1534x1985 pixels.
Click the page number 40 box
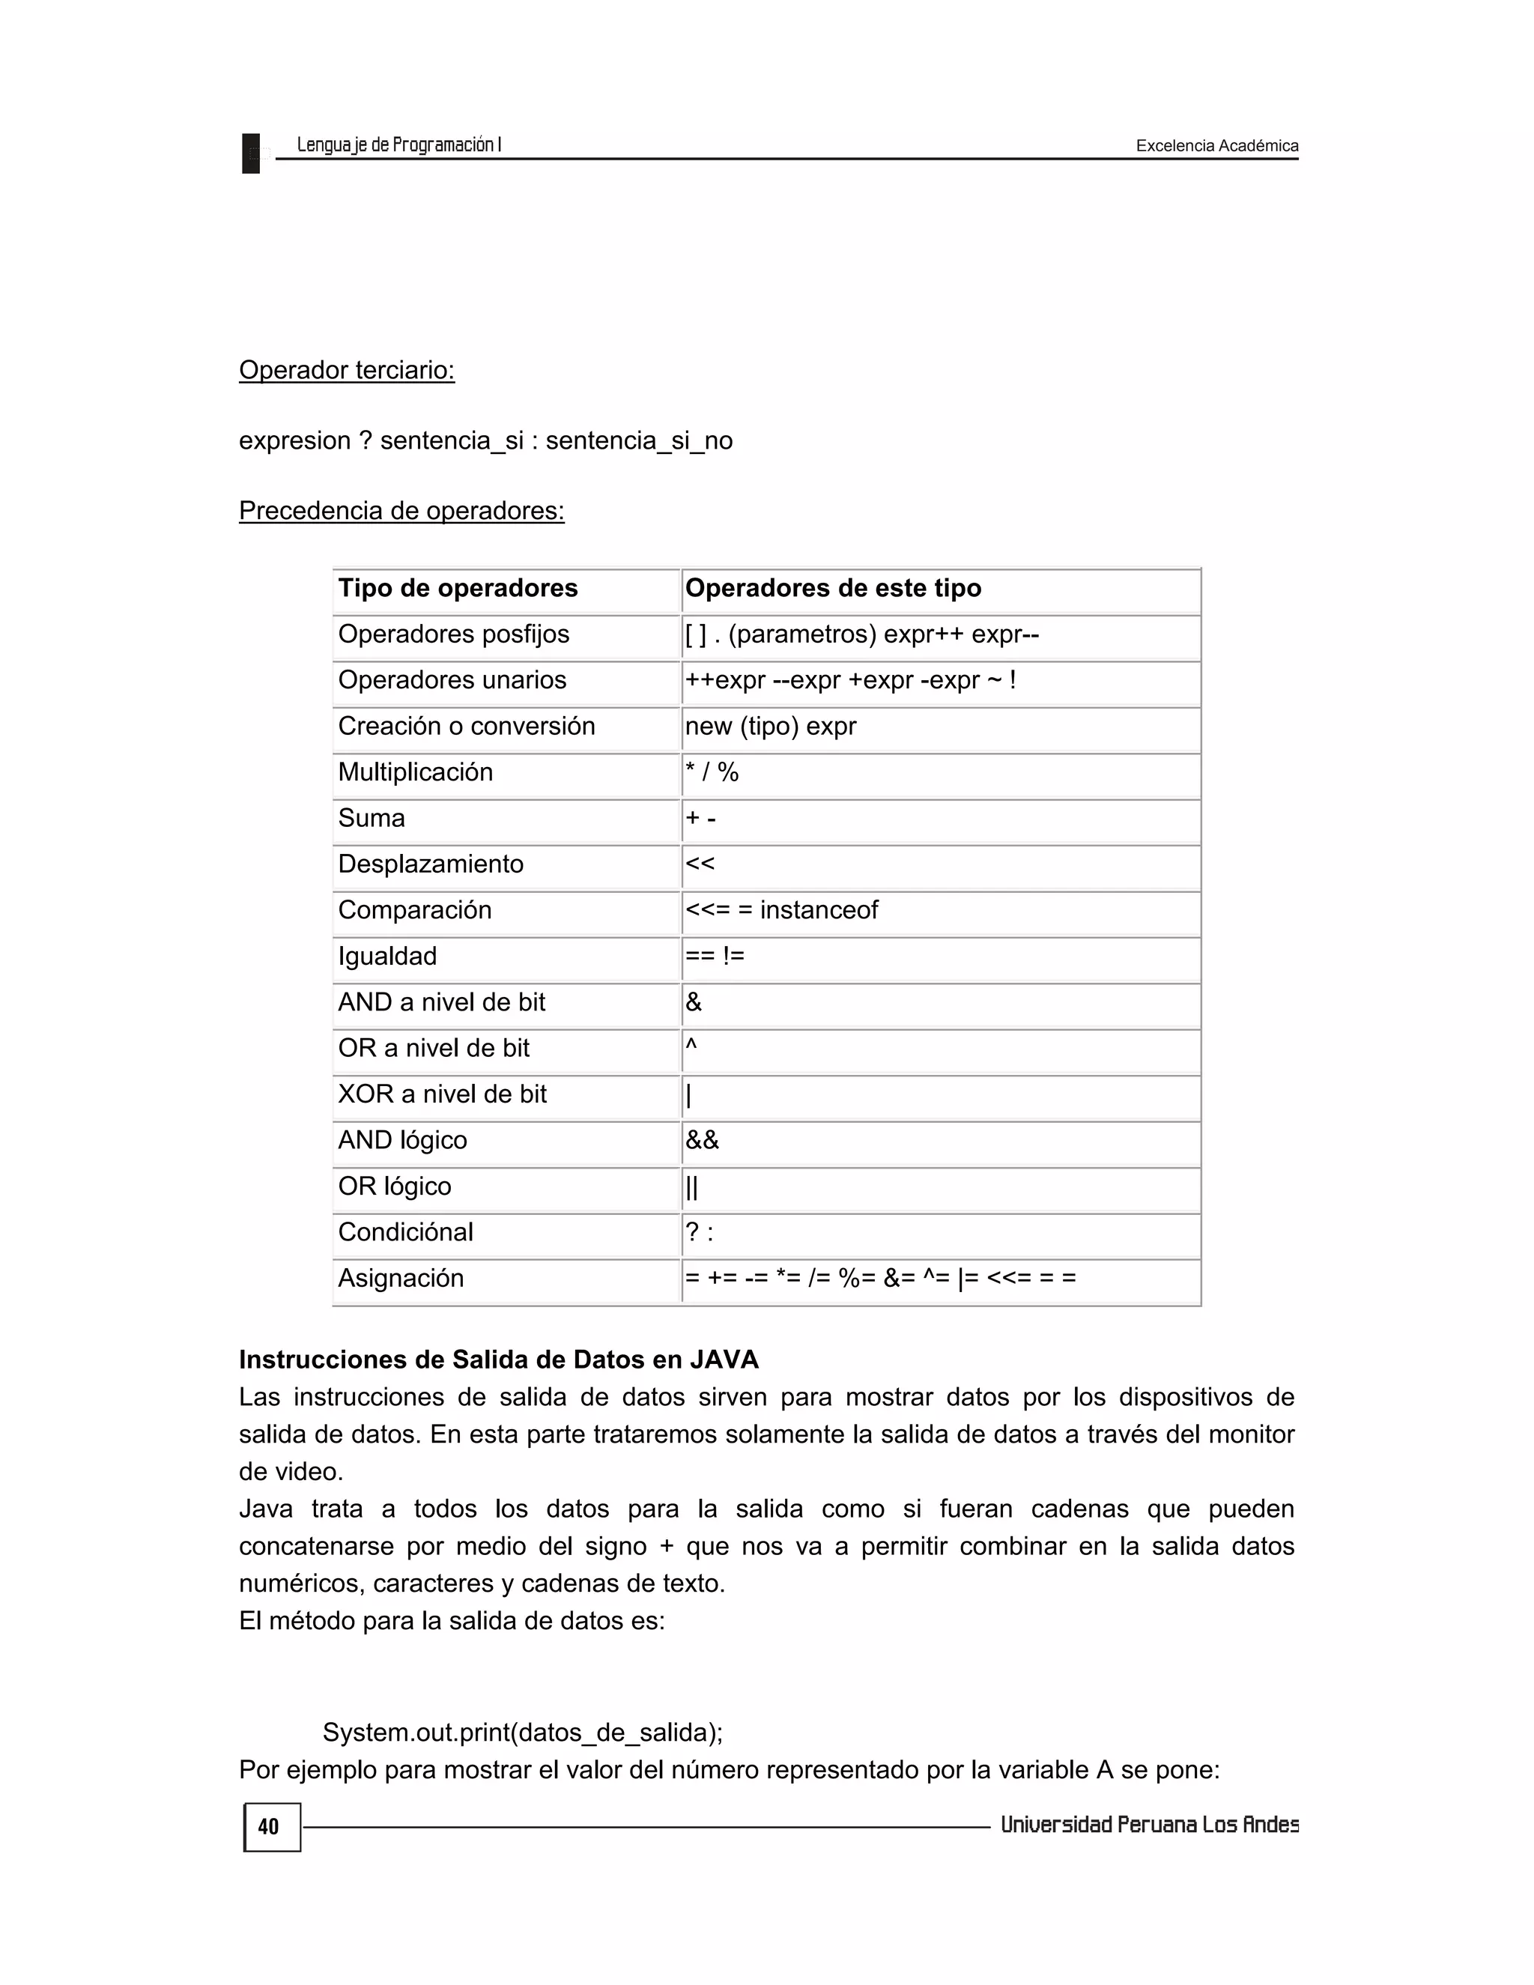[x=271, y=1827]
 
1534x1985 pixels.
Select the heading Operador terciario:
[x=346, y=370]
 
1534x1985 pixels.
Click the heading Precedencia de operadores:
[x=401, y=511]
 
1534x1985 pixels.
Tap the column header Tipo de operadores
[x=458, y=588]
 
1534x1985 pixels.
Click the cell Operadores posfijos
[x=453, y=634]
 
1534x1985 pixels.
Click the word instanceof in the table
[x=819, y=910]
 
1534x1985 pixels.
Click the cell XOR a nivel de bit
[x=443, y=1094]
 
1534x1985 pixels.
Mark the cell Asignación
[x=401, y=1278]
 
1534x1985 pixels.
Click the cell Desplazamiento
[x=431, y=864]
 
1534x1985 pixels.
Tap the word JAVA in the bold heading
[x=724, y=1360]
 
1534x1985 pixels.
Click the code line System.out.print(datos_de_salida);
[x=523, y=1733]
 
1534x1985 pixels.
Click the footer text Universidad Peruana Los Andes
[x=1149, y=1825]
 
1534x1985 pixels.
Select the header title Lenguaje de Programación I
[x=399, y=145]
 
